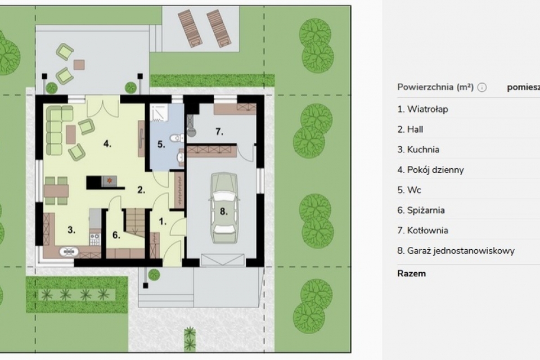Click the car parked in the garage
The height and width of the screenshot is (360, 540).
(224, 208)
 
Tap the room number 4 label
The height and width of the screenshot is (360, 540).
(107, 143)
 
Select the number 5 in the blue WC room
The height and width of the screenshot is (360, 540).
(161, 145)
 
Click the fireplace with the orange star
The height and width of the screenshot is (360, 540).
(109, 181)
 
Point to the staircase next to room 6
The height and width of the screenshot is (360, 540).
(134, 222)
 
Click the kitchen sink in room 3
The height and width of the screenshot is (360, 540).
(69, 252)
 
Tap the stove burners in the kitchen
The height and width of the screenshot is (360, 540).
(94, 240)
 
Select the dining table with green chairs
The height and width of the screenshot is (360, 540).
(56, 191)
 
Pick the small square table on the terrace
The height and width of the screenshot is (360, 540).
(79, 65)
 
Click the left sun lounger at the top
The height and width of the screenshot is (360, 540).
(190, 28)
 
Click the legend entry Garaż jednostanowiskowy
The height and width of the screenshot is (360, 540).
(456, 251)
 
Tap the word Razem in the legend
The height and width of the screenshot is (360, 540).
(411, 273)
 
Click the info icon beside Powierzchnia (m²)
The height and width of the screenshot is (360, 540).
(482, 88)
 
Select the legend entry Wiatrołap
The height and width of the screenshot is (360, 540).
(422, 109)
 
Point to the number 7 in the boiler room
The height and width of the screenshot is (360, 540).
(219, 131)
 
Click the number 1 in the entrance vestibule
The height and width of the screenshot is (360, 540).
(163, 222)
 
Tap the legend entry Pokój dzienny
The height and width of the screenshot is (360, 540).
(430, 170)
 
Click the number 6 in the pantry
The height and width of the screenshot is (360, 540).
(116, 235)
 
